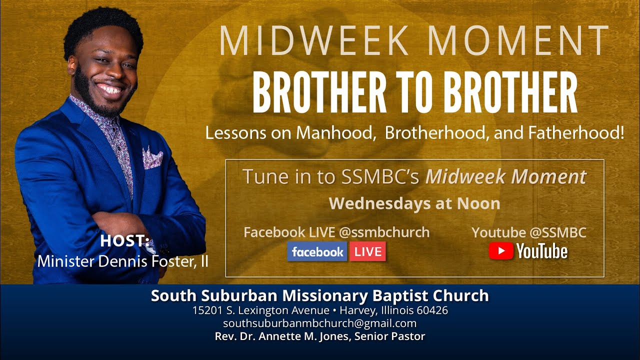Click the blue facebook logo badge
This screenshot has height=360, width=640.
point(317,251)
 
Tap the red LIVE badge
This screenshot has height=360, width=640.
point(367,251)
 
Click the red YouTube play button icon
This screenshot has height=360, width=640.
point(501,251)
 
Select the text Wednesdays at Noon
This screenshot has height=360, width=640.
point(414,203)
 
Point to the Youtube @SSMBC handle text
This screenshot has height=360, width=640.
point(528,232)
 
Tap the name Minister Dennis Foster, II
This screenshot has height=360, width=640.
point(123,261)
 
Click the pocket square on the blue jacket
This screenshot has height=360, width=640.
point(152,158)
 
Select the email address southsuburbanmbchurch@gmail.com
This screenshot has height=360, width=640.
point(319,323)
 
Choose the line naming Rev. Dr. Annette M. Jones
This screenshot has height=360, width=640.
point(319,336)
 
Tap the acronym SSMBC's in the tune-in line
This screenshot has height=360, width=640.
point(382,176)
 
